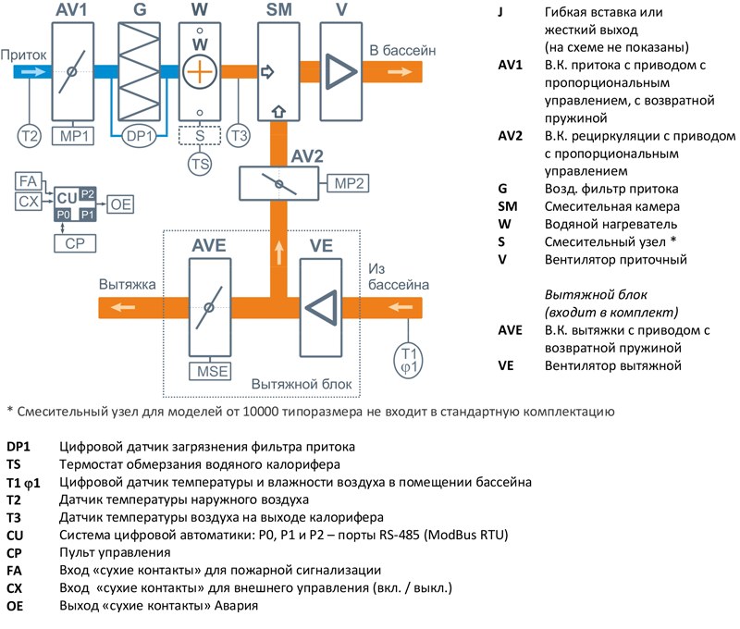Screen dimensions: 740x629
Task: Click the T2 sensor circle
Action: (x=30, y=136)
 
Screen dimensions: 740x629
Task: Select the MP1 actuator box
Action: (x=73, y=136)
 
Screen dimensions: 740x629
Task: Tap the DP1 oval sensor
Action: (x=139, y=136)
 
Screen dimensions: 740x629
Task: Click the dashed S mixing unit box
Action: (x=200, y=135)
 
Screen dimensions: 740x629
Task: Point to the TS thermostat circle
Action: (x=200, y=165)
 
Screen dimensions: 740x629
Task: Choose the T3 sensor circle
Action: (x=239, y=136)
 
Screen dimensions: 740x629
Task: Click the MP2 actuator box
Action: (x=349, y=183)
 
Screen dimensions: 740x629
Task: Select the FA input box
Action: (x=29, y=181)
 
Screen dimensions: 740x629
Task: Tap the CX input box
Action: (x=29, y=202)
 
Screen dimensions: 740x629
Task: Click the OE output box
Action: (x=120, y=204)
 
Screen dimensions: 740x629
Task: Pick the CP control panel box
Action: (x=75, y=243)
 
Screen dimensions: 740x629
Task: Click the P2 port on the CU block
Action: (x=87, y=194)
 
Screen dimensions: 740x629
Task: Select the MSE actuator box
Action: (x=211, y=371)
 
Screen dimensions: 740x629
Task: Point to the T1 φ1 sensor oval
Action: (x=408, y=361)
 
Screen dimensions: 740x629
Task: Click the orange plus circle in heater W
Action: (x=200, y=72)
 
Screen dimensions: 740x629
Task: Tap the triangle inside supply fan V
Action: (x=340, y=72)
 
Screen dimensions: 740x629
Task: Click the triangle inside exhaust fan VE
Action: (x=322, y=308)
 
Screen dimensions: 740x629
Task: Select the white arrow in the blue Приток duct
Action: (x=33, y=72)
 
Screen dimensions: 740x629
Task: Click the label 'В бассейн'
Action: (x=402, y=51)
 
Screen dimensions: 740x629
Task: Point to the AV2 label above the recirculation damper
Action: (x=307, y=156)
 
